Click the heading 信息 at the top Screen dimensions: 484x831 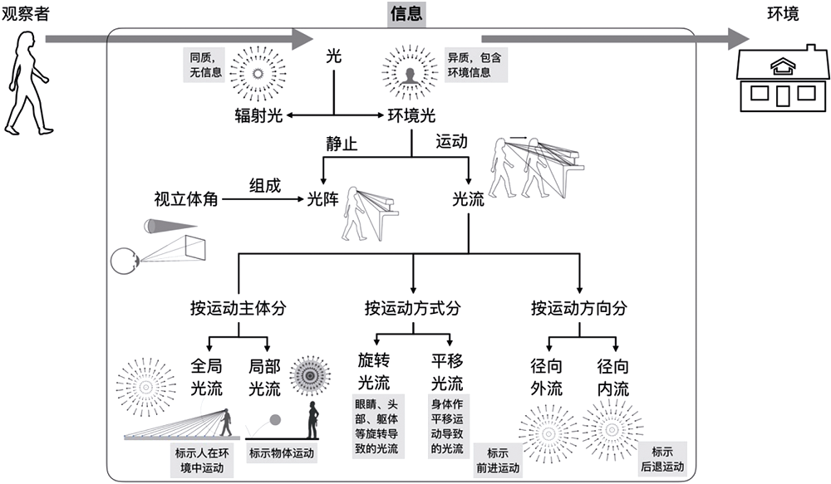pyautogui.click(x=407, y=13)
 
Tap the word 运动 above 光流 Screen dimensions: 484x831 pyautogui.click(x=452, y=142)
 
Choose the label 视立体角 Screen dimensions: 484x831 pyautogui.click(x=186, y=199)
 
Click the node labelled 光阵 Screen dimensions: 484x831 pyautogui.click(x=323, y=199)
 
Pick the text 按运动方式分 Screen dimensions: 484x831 pyautogui.click(x=412, y=308)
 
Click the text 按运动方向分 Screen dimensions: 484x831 pyautogui.click(x=579, y=308)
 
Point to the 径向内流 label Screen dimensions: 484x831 pyautogui.click(x=613, y=376)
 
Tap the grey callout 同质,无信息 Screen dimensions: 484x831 pyautogui.click(x=202, y=66)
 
